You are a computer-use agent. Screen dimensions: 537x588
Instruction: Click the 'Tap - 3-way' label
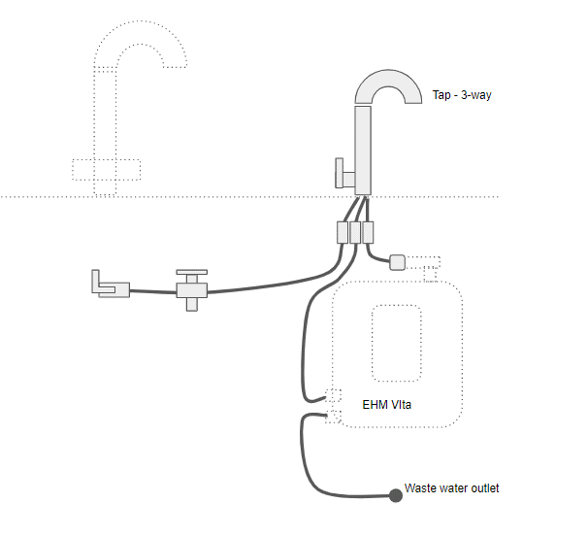click(x=462, y=95)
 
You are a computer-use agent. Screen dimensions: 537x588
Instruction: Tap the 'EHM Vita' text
click(x=386, y=404)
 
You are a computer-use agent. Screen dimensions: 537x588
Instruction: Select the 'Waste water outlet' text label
click(x=451, y=488)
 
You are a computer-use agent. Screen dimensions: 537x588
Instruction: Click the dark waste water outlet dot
click(x=396, y=495)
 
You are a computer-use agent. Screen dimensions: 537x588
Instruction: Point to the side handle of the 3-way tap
click(x=342, y=173)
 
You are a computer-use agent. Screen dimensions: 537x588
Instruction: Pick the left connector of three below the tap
click(x=343, y=232)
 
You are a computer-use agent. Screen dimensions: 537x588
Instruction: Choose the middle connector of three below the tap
click(x=355, y=232)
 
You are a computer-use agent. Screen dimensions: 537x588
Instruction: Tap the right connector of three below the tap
click(x=368, y=232)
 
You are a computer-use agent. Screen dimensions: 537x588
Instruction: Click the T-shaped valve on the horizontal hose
click(x=190, y=288)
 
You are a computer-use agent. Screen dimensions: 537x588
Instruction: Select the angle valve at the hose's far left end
click(x=108, y=285)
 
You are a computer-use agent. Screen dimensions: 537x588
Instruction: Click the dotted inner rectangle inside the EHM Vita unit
click(x=396, y=343)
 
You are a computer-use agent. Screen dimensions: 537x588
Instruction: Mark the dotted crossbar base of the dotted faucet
click(x=107, y=169)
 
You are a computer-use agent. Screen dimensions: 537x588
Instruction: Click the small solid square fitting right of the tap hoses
click(x=397, y=261)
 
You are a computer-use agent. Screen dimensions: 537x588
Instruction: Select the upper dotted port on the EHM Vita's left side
click(x=334, y=396)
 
